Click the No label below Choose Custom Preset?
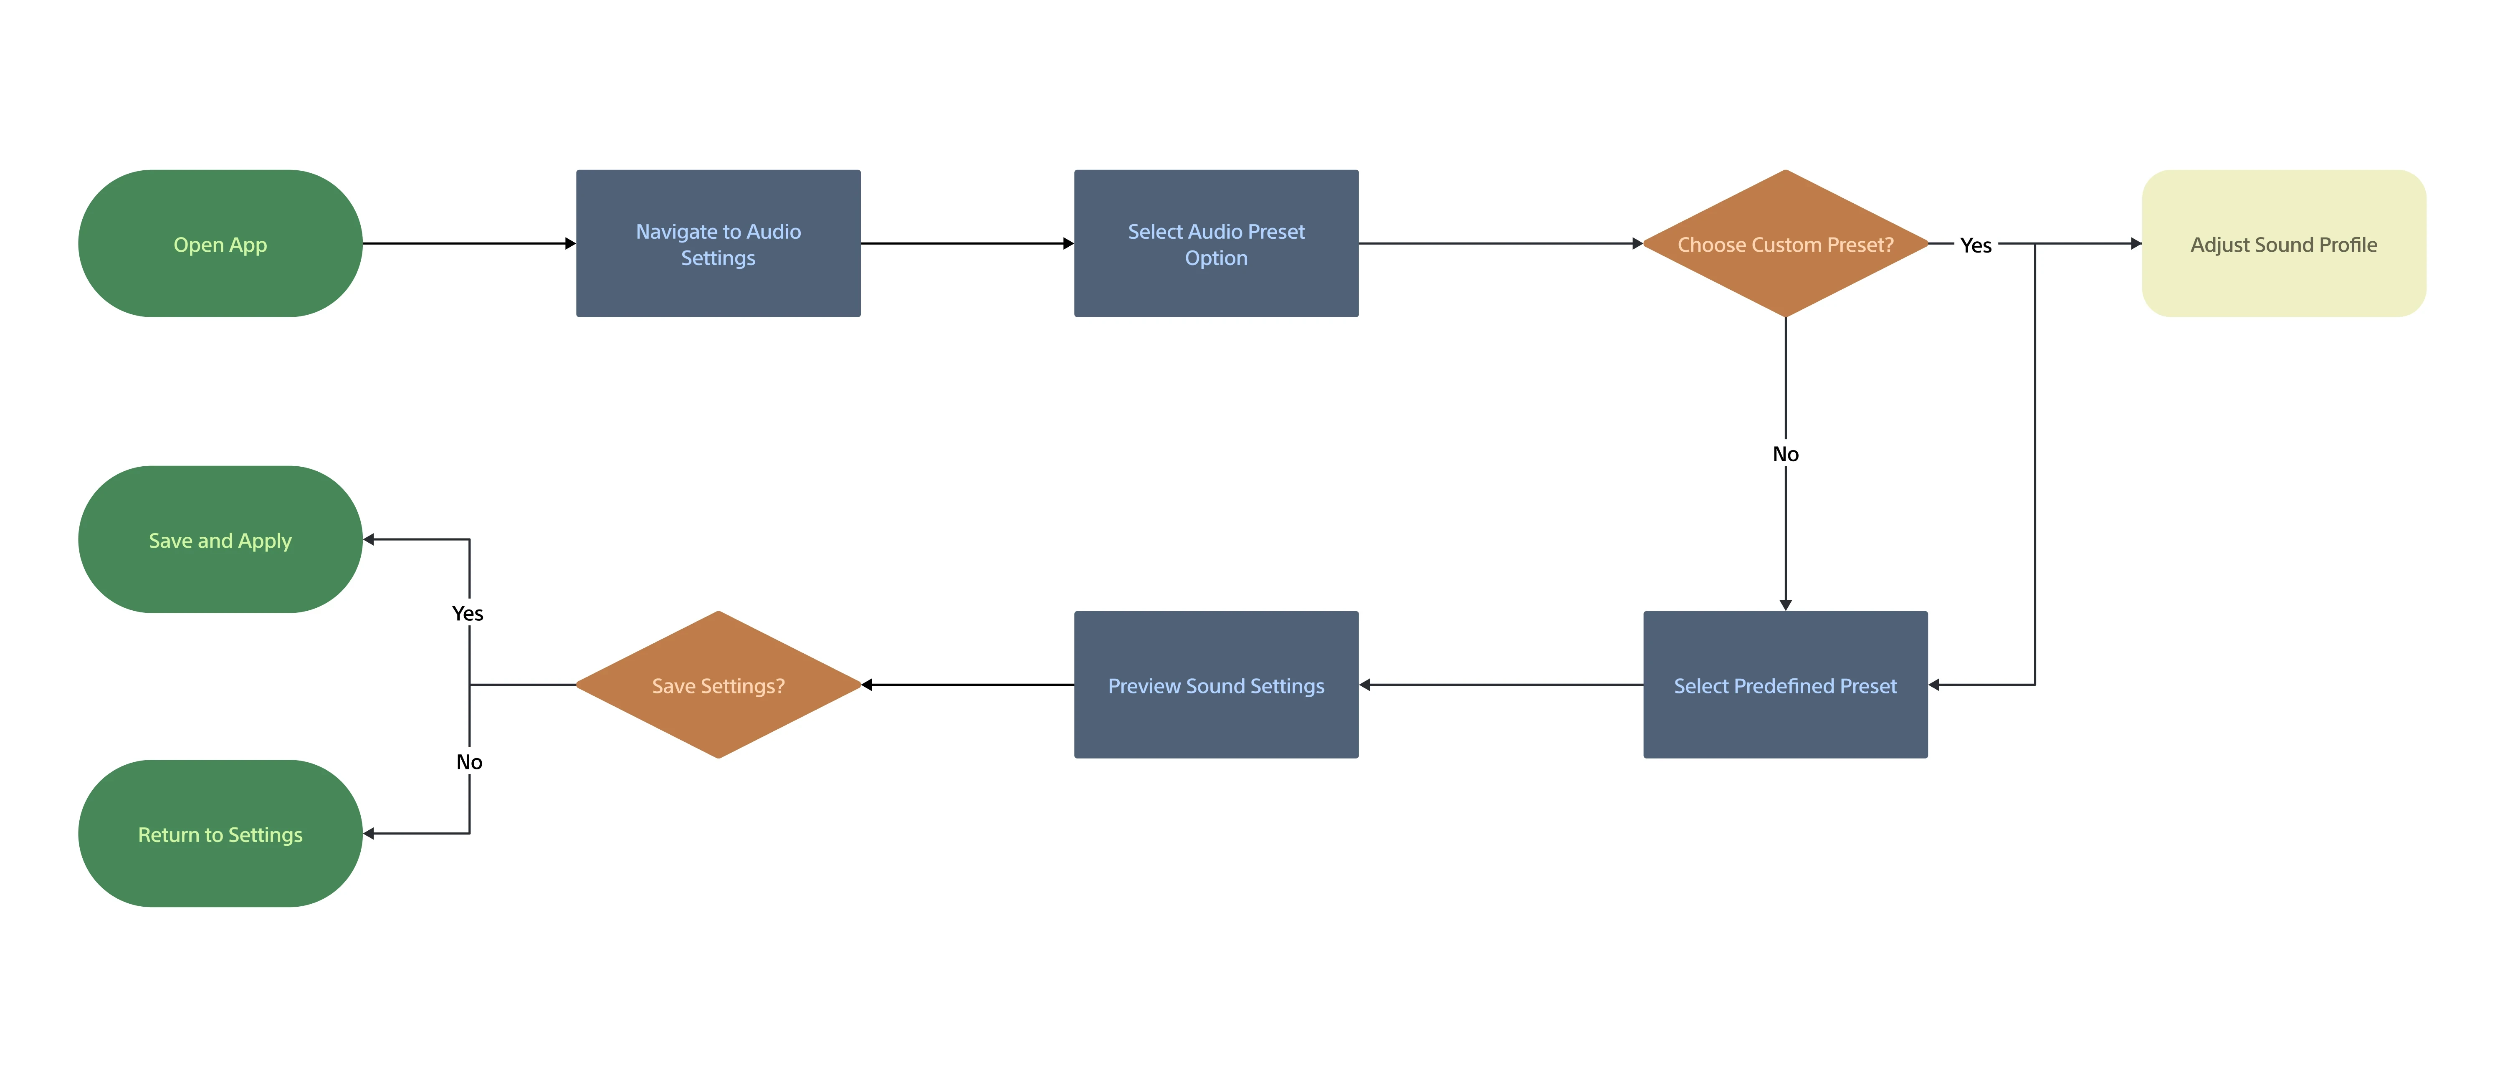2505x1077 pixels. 1785,454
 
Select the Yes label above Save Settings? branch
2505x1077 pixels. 468,613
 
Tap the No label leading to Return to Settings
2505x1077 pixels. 470,762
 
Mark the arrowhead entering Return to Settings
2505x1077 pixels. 369,833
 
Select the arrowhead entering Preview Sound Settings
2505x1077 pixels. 1364,684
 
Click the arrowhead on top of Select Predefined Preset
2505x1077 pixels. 1785,604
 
